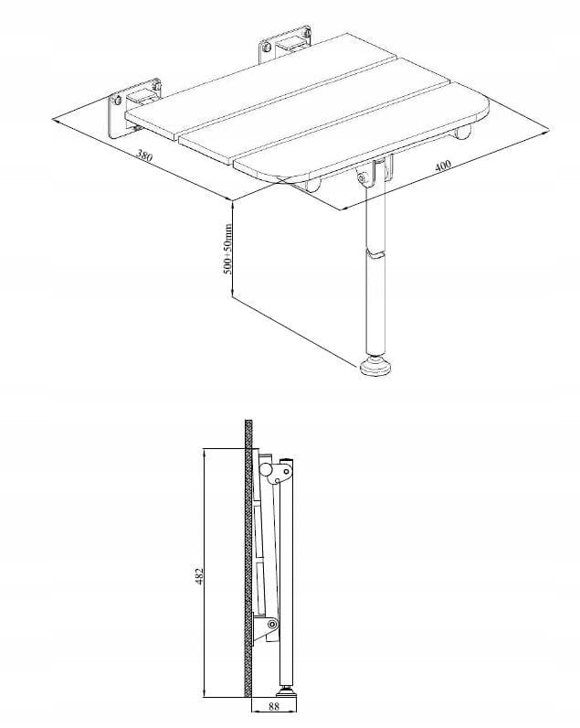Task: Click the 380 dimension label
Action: (144, 155)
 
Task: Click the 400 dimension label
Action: (443, 166)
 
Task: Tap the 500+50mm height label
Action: (227, 249)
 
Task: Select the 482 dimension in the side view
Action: (199, 575)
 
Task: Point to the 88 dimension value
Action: (273, 718)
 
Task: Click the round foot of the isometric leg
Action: (375, 366)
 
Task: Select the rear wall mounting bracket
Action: (284, 44)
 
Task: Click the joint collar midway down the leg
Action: (375, 254)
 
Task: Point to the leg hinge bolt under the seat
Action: (361, 177)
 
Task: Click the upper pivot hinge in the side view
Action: (278, 472)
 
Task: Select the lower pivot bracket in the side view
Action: (265, 626)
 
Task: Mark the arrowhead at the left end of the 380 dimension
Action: (57, 121)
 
